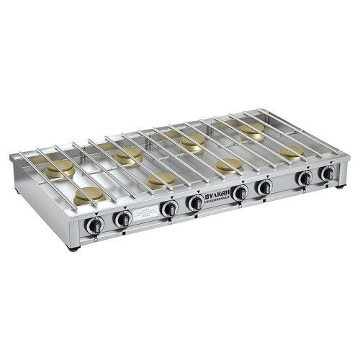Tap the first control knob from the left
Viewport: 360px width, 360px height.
[x=94, y=225]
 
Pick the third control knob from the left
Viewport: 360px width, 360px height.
[x=169, y=208]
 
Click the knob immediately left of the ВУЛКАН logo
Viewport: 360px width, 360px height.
[x=194, y=203]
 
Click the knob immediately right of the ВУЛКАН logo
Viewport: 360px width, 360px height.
[x=240, y=192]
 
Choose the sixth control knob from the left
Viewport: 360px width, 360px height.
[x=264, y=187]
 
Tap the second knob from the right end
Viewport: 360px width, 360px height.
[x=305, y=178]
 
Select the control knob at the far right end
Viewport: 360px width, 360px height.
[x=328, y=173]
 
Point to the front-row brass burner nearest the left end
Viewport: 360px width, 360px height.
[x=89, y=194]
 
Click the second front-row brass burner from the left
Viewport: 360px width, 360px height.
[x=160, y=180]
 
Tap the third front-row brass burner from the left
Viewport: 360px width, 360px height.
[x=229, y=166]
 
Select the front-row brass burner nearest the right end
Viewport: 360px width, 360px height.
[x=292, y=153]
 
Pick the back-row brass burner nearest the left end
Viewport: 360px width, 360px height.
[x=60, y=168]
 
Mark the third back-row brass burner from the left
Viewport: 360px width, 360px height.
[x=193, y=142]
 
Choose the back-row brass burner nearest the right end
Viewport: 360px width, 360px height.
[x=252, y=130]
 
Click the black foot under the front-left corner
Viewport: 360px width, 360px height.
[x=73, y=248]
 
